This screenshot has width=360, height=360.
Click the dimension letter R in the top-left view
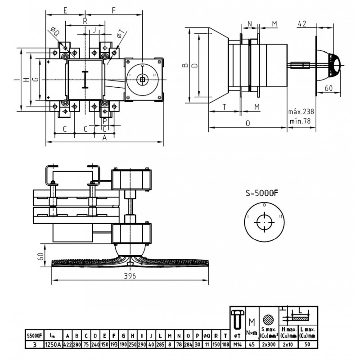point(85,21)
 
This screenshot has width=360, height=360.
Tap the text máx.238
point(301,112)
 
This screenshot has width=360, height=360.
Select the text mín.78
point(301,120)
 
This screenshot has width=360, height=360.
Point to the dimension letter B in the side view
point(184,66)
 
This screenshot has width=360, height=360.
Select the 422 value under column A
point(67,344)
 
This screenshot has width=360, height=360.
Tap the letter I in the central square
point(85,80)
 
